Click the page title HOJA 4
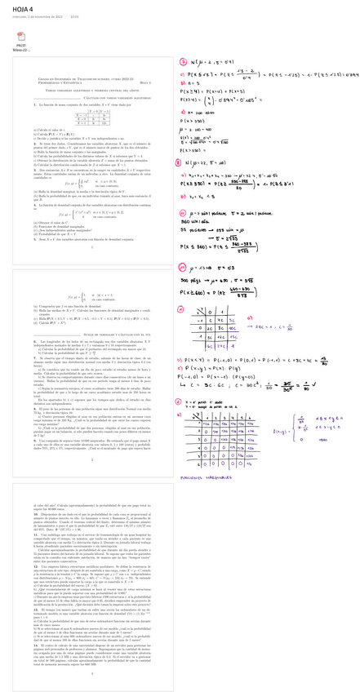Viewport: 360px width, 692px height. tap(16, 7)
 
